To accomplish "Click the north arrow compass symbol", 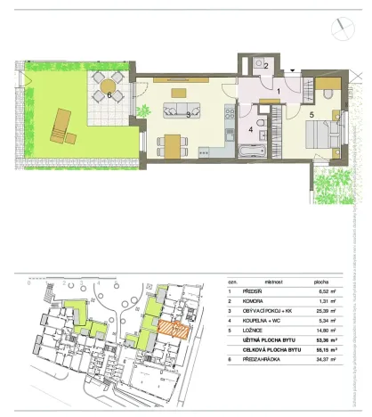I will click(x=341, y=29).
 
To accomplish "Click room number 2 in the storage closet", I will click(x=265, y=66).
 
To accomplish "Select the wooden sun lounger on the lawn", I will click(x=62, y=126).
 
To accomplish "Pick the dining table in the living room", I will click(x=173, y=142).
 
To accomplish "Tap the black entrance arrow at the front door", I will click(x=294, y=69).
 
